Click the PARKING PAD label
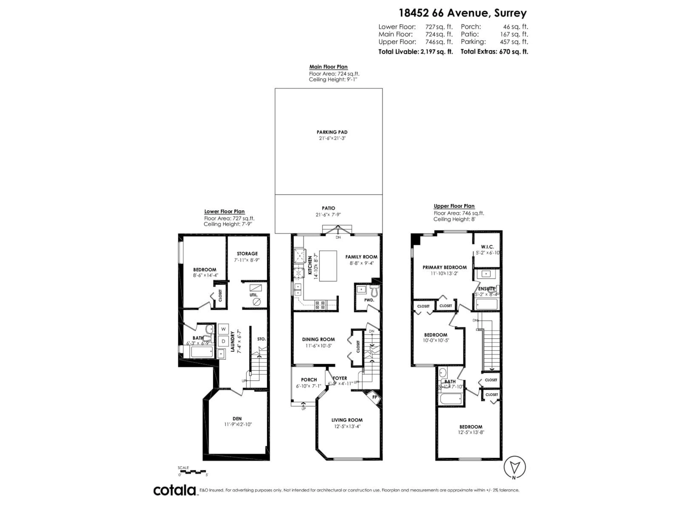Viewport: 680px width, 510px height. point(332,132)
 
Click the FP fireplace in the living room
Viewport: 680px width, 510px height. point(374,397)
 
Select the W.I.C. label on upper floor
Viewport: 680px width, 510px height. point(487,247)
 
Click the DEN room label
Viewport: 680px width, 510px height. point(237,419)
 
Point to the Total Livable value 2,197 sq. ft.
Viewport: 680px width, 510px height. point(437,52)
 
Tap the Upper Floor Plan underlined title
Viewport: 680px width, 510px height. point(454,206)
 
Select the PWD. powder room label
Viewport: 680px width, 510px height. point(369,300)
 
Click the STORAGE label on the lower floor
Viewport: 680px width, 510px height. point(247,254)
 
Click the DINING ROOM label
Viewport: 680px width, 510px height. point(318,339)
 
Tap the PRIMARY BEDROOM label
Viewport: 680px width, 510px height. point(444,267)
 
